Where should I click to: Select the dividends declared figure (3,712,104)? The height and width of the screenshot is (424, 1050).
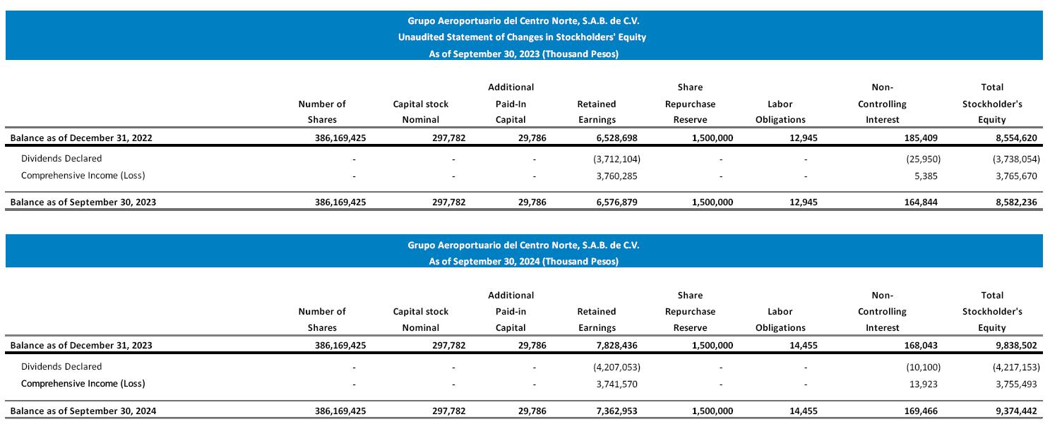tap(617, 159)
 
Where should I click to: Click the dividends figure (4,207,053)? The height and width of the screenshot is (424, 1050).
tap(617, 367)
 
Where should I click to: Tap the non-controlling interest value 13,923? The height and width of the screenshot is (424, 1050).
tap(924, 384)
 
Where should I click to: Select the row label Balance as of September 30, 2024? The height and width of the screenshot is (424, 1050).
tap(83, 410)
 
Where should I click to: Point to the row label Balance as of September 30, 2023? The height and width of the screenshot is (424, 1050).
tap(83, 202)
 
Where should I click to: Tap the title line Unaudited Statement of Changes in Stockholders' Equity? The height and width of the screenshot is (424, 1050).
tap(523, 37)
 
